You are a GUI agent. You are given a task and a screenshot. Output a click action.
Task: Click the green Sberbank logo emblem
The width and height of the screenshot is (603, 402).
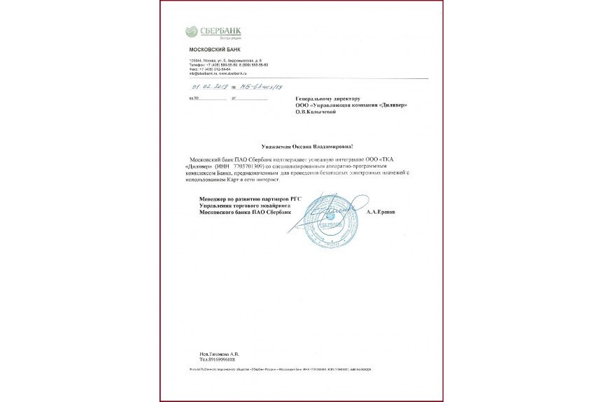click(192, 31)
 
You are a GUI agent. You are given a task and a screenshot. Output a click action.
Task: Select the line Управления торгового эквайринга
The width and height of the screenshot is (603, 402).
click(240, 206)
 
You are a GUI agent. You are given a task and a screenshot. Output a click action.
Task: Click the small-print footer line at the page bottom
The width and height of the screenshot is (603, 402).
click(280, 368)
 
